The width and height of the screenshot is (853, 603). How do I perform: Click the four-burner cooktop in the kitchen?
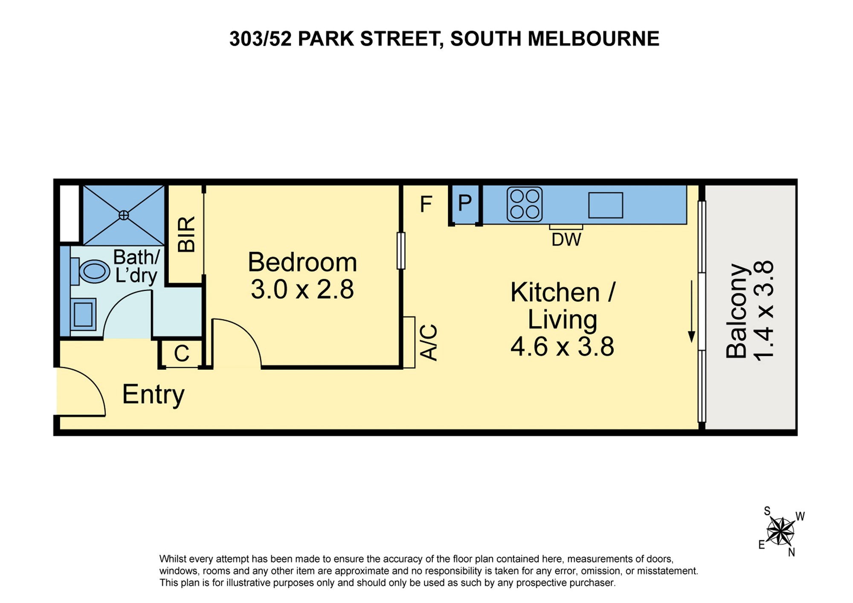coord(524,204)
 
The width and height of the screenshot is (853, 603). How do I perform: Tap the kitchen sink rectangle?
coord(606,205)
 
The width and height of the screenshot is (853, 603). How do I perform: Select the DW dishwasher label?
coord(566,240)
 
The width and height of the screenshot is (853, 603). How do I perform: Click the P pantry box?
coord(465,204)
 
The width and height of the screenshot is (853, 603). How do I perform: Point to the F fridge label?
coord(426,204)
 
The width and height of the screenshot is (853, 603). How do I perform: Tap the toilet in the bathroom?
coord(92,271)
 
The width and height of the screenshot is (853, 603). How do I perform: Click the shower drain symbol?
coord(124,215)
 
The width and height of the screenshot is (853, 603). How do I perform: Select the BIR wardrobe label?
coord(186,234)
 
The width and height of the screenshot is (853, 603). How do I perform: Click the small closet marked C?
coord(182,353)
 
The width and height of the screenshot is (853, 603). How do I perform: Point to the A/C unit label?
coord(429,342)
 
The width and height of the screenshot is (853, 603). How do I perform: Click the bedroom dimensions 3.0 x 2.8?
coord(302,290)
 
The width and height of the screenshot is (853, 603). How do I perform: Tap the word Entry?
coord(153,395)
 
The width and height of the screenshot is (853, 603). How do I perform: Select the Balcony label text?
coord(737,311)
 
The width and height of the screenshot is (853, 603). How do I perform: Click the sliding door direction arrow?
coord(692,311)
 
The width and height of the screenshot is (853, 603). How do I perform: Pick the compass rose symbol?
coord(780,531)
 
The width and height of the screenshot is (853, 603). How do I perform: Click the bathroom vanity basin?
coord(83,315)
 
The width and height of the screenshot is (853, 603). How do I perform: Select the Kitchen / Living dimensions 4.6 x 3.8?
coord(562,346)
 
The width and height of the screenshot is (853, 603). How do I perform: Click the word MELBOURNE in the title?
coord(594,39)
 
